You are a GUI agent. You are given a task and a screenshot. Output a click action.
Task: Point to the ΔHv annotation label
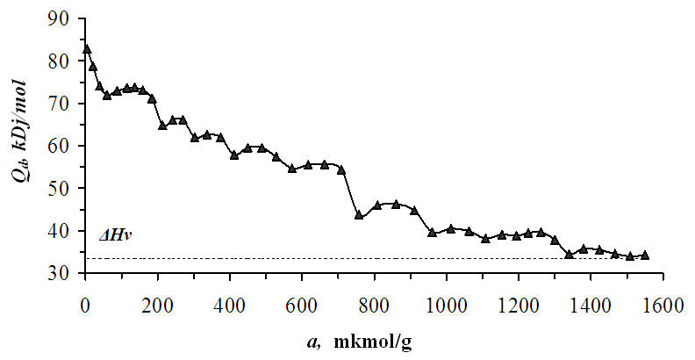point(115,235)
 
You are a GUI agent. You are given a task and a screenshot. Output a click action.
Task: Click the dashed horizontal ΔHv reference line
point(369,259)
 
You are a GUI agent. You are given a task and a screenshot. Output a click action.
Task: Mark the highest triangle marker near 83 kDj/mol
point(86,49)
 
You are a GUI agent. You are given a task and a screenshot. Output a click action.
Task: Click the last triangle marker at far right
point(645,255)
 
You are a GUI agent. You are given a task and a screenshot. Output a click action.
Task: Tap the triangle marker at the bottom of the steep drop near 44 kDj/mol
point(359,215)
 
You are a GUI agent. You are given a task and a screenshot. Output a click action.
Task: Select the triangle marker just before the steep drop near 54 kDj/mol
point(341,169)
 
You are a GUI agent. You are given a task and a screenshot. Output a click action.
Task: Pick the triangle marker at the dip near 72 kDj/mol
point(107,95)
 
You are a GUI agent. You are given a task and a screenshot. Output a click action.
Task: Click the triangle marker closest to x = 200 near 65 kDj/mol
point(162,126)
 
